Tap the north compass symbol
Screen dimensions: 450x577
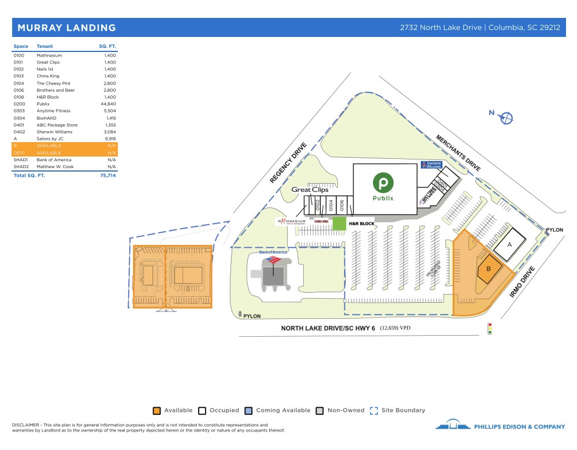click(507, 118)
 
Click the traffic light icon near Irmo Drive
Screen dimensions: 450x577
click(490, 329)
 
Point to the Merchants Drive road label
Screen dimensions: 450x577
click(458, 153)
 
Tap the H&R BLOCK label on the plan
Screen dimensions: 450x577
click(361, 223)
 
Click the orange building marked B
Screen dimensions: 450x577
click(489, 269)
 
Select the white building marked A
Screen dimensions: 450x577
click(509, 244)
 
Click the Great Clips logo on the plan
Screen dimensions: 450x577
click(310, 189)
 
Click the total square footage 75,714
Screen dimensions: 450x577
click(108, 175)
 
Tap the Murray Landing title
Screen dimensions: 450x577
click(66, 28)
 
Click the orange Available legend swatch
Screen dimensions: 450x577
click(156, 411)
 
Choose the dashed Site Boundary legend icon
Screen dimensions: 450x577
click(373, 411)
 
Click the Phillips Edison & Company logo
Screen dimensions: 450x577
click(500, 426)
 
